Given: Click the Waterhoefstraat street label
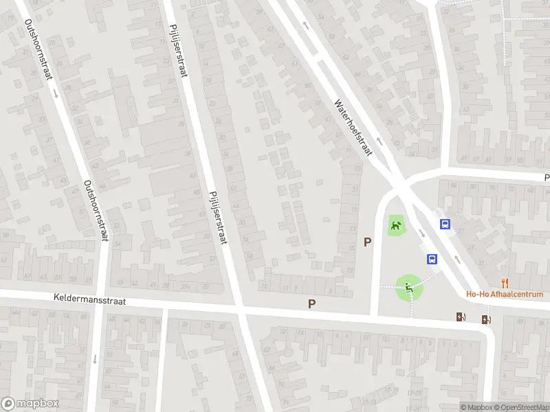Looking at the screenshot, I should tap(353, 128).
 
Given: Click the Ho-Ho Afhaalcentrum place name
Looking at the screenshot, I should tap(505, 295).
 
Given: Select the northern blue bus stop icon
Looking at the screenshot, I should tap(445, 224).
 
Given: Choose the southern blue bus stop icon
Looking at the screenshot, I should tap(432, 259).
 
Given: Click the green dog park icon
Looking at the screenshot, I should tap(395, 225).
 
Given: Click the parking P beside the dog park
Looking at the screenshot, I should tap(368, 242).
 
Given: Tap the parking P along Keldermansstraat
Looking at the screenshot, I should tap(312, 304).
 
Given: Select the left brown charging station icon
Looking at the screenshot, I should tap(461, 317).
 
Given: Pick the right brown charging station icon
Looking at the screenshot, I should tap(486, 319).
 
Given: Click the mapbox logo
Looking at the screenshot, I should tap(30, 404).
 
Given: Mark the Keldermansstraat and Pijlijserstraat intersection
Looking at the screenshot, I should tap(241, 310).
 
